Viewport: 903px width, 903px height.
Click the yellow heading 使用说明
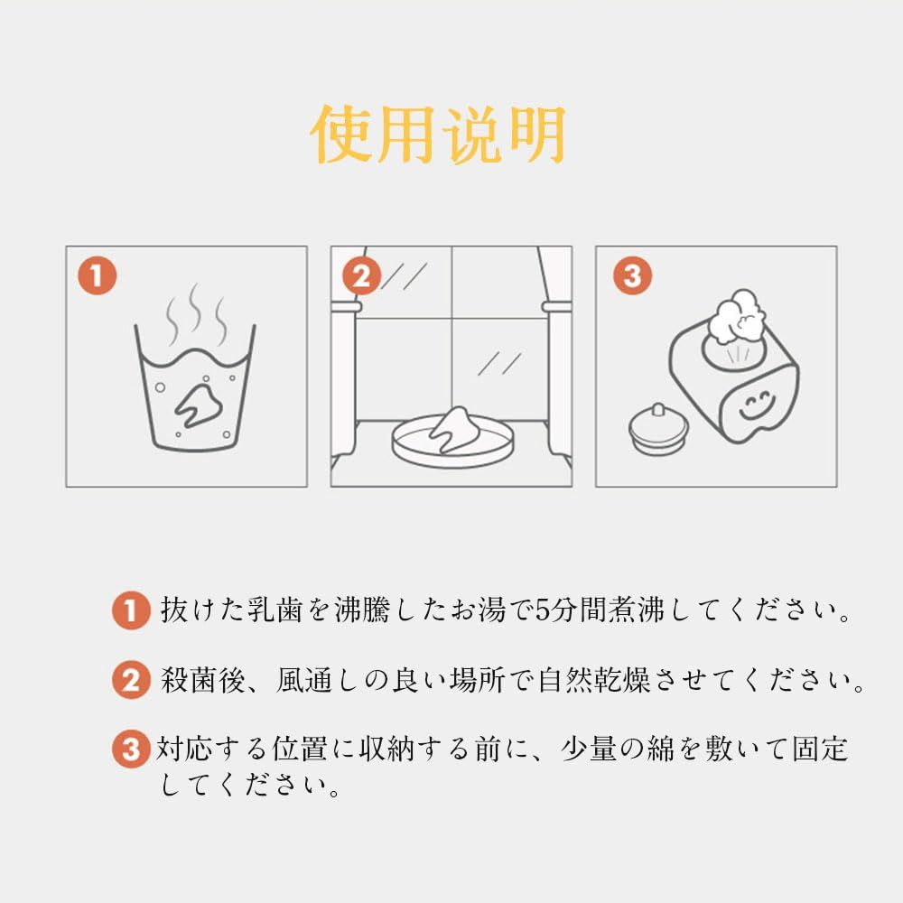coord(438,135)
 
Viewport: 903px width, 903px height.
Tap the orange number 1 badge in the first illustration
coord(98,275)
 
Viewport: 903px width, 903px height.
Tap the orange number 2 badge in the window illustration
coord(362,275)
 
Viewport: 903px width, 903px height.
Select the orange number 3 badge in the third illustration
coord(632,275)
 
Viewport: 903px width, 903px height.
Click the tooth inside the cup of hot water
coord(199,405)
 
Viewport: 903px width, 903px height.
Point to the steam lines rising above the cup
coord(196,314)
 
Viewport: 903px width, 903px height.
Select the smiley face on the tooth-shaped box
coord(756,405)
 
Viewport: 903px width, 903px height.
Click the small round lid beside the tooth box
coord(658,429)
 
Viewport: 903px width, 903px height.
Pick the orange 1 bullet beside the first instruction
coord(131,610)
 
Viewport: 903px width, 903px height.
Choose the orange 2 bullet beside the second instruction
coord(131,680)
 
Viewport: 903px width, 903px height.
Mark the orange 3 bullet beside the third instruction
coord(131,749)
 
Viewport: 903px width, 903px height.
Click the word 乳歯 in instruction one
coord(275,610)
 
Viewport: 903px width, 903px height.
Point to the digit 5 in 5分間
coord(542,610)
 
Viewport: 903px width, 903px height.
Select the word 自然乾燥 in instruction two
coord(594,680)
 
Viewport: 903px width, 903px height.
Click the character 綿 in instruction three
coord(661,749)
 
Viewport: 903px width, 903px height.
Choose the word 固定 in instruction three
coord(820,749)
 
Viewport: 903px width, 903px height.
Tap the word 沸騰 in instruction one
coord(362,610)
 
